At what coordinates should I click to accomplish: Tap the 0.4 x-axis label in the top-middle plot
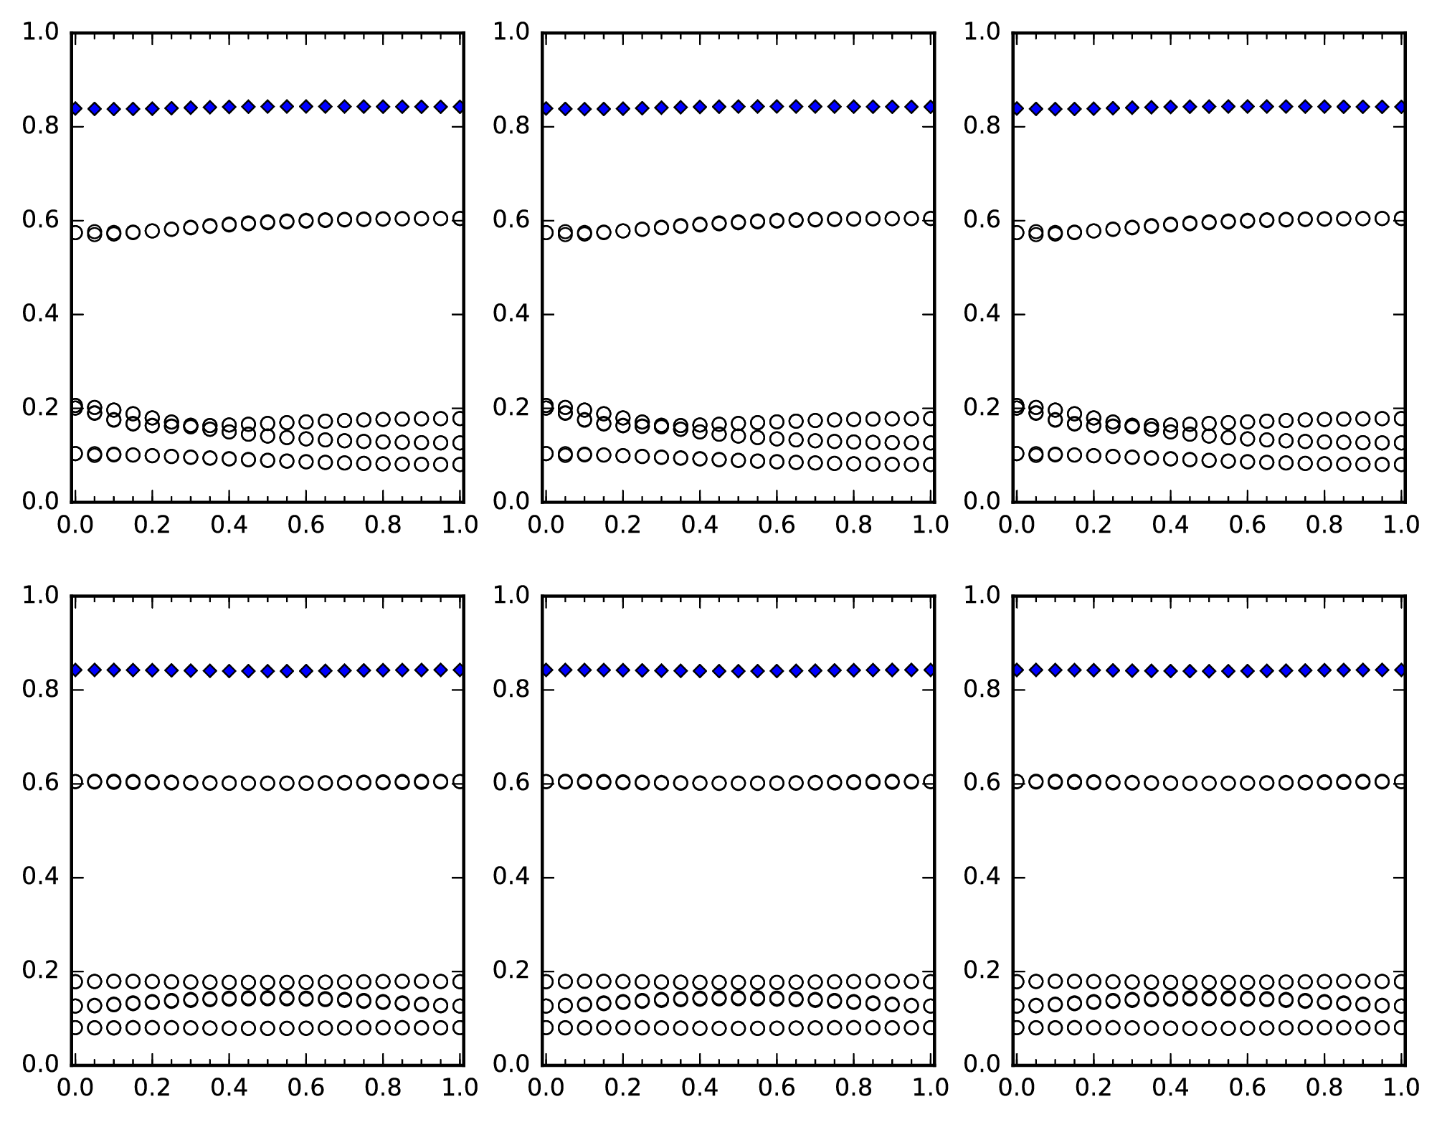point(699,525)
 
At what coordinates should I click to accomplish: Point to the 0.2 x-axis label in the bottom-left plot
point(152,1088)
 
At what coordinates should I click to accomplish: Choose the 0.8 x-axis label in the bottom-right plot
point(1324,1088)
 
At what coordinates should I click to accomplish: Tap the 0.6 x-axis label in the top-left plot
point(305,525)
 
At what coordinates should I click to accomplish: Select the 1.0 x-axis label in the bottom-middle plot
point(931,1088)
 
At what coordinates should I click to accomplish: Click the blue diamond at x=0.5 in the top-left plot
point(267,107)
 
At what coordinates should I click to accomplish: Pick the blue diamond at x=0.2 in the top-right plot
point(1094,108)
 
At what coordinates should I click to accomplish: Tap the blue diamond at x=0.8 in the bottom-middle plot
point(853,670)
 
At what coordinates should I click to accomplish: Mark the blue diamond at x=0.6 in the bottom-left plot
point(306,671)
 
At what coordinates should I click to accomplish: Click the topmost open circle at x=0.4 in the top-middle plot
point(700,224)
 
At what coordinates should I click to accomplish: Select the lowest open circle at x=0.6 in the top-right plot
point(1248,462)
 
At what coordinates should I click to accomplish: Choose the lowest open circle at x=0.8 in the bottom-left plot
point(383,1027)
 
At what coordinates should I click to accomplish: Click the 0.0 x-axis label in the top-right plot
point(1016,525)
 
